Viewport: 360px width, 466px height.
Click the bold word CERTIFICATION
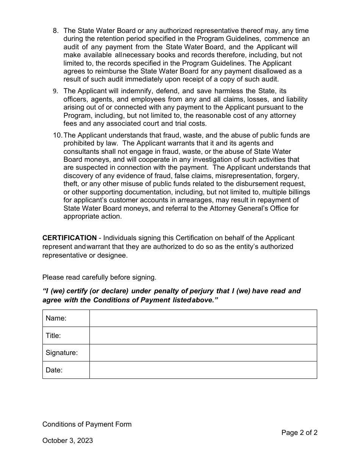[x=69, y=238]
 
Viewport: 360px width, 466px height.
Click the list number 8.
[x=55, y=31]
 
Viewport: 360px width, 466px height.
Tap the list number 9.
[x=55, y=91]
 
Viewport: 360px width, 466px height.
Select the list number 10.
[x=57, y=135]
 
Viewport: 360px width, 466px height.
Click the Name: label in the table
[x=56, y=318]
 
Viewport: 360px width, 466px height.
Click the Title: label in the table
[x=53, y=336]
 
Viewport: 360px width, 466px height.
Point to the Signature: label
[x=62, y=353]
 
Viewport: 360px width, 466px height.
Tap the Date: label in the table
[x=54, y=370]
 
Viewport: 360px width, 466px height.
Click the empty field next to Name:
[x=203, y=318]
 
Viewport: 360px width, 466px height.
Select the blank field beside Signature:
[x=203, y=353]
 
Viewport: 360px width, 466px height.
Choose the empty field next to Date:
[x=203, y=370]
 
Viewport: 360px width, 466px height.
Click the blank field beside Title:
[x=203, y=336]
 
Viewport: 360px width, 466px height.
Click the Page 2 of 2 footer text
[x=299, y=433]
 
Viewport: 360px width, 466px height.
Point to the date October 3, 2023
[x=67, y=441]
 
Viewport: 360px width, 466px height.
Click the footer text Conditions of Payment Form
[x=87, y=424]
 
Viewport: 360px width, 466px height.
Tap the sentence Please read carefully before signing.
[x=99, y=277]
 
